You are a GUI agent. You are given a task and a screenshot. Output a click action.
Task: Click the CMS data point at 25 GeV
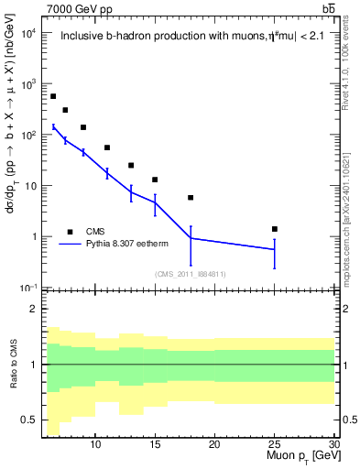tap(275, 229)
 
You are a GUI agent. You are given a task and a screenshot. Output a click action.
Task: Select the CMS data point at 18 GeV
tap(191, 198)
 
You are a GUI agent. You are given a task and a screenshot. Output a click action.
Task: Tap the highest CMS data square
tap(53, 96)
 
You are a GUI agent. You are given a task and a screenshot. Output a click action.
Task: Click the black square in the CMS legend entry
tap(71, 231)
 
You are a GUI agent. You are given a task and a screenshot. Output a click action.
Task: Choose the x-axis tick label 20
tap(214, 444)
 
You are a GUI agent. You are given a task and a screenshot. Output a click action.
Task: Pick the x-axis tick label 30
tap(334, 444)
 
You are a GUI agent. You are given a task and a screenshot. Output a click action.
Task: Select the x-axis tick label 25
tap(275, 444)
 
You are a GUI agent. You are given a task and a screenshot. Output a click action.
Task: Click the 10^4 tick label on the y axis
tap(28, 34)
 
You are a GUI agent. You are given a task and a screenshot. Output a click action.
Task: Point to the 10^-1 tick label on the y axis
tap(28, 288)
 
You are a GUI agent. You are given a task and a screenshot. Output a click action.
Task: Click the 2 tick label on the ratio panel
tap(34, 309)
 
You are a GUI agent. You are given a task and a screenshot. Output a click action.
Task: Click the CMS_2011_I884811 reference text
tap(191, 273)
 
